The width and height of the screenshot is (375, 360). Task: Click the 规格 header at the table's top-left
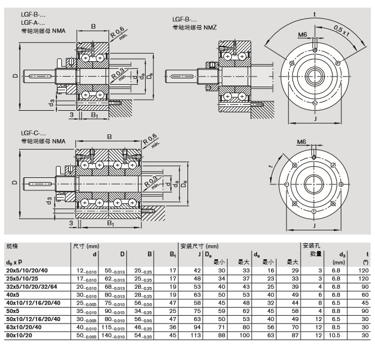point(12,245)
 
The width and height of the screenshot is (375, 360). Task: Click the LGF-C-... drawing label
point(33,134)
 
